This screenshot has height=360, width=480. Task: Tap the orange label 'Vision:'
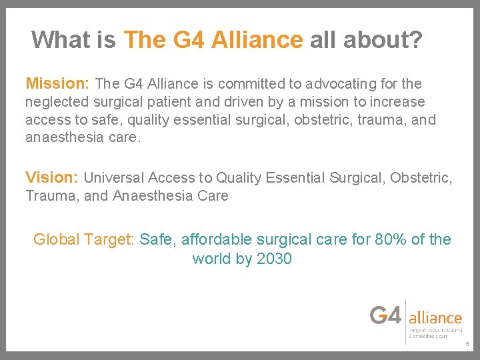pyautogui.click(x=52, y=177)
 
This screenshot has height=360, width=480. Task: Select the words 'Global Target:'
pyautogui.click(x=85, y=239)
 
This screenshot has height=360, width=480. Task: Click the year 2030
pyautogui.click(x=273, y=259)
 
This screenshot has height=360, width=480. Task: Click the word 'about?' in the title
pyautogui.click(x=383, y=40)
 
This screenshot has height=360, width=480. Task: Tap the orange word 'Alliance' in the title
pyautogui.click(x=257, y=40)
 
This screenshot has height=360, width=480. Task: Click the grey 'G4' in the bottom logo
pyautogui.click(x=386, y=315)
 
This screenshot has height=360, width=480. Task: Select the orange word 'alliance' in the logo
pyautogui.click(x=435, y=318)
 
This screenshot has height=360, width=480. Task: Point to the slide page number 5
pyautogui.click(x=467, y=345)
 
